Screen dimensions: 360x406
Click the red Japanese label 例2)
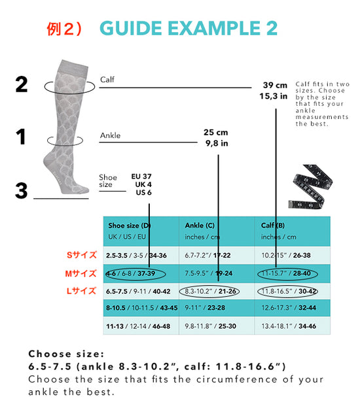(64, 29)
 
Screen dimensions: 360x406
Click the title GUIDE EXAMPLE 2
(189, 28)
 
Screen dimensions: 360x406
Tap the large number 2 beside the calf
(22, 84)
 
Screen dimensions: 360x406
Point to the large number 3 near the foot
(21, 191)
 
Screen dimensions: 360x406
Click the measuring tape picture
(310, 186)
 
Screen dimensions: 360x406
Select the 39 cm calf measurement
(275, 85)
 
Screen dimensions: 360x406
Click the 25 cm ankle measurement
(215, 132)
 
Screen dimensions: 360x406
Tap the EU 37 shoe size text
(141, 177)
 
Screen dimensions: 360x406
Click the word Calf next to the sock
(107, 79)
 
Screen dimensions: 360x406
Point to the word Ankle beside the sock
(110, 135)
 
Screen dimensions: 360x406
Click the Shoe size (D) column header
(130, 226)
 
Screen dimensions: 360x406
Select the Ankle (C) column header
(200, 226)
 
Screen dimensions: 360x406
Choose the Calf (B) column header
(273, 226)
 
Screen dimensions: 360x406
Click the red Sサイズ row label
(82, 255)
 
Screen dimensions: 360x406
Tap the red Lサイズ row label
(81, 291)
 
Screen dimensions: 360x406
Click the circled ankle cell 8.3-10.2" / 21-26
(210, 292)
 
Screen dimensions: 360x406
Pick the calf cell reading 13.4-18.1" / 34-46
(289, 326)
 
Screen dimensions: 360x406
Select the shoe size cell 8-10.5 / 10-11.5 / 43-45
(141, 308)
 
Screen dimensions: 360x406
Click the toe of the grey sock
(84, 190)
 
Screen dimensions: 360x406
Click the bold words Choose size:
(66, 354)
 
